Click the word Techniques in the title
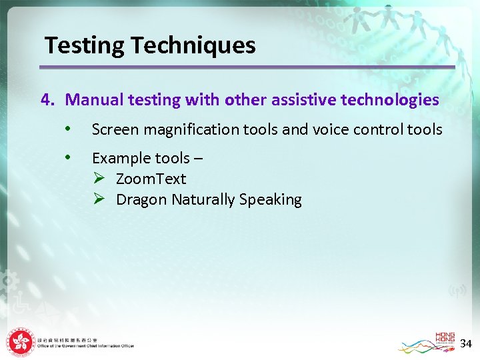pos(193,46)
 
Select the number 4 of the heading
pos(46,100)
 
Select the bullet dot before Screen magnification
pos(67,129)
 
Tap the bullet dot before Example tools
pos(67,157)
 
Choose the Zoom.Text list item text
pos(151,179)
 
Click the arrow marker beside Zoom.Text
pos(99,179)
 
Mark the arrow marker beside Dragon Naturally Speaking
pos(99,199)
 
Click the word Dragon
pos(141,199)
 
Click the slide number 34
pos(466,344)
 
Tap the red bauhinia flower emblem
pos(21,343)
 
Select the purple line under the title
pos(247,67)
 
